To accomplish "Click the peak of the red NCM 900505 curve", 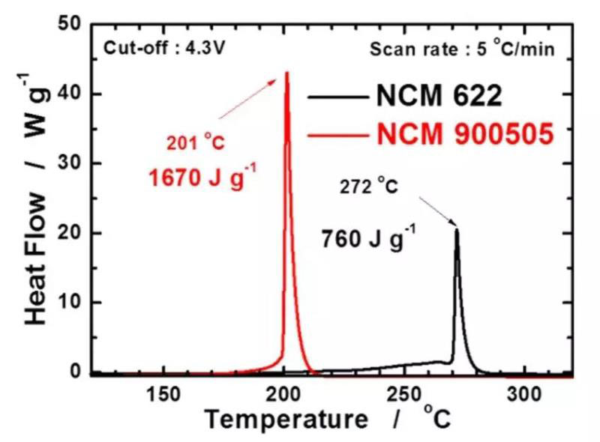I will tap(286, 73).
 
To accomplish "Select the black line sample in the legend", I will tap(334, 97).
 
